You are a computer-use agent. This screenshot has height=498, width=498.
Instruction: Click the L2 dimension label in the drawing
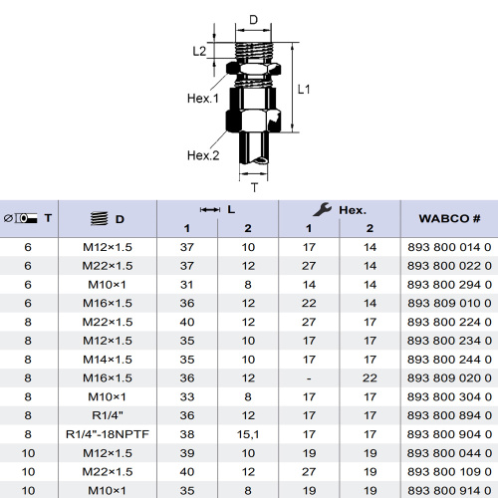coord(199,51)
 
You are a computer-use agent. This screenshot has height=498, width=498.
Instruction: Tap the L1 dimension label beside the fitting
coord(304,90)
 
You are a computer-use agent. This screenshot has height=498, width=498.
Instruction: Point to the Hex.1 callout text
coord(203,99)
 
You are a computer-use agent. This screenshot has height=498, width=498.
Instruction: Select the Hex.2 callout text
coord(203,155)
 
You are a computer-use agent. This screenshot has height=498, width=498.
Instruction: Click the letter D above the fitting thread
coord(253,20)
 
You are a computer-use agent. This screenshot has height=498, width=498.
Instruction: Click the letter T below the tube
coord(255,188)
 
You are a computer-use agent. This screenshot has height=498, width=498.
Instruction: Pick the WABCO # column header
coord(449,218)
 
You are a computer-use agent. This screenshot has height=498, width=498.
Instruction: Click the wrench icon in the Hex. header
coord(322,210)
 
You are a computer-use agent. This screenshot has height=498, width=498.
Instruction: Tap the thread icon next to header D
coord(100,218)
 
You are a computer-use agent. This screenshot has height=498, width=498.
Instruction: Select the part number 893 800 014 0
coord(449,247)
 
